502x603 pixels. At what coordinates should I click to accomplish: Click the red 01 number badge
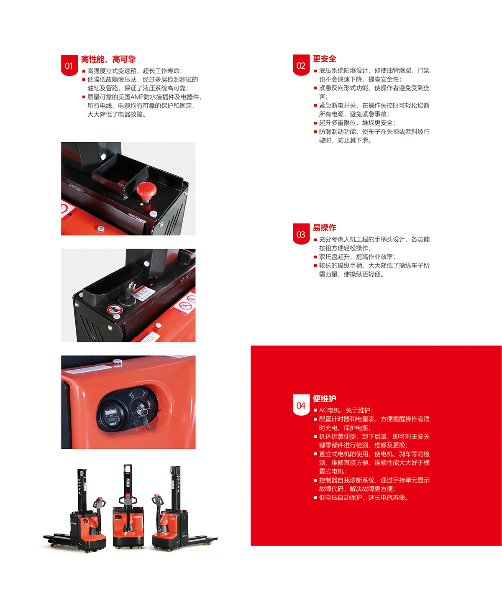(69, 65)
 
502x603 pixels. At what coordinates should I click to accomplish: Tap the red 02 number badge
(301, 65)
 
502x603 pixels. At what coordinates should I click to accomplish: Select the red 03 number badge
(301, 234)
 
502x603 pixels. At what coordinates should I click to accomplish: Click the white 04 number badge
(301, 405)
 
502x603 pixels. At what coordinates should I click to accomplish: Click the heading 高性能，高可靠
(108, 59)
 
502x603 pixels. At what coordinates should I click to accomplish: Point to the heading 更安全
(324, 59)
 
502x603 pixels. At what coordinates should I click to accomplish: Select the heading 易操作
(324, 227)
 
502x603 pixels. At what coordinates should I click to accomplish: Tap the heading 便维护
(324, 398)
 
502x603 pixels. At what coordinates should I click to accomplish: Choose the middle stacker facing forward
(128, 507)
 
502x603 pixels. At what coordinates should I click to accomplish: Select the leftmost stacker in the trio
(75, 510)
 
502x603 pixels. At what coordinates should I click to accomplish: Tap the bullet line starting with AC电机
(343, 410)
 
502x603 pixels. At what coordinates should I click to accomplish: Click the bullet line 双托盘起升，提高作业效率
(355, 256)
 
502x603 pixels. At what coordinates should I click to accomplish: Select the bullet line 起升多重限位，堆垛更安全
(355, 123)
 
